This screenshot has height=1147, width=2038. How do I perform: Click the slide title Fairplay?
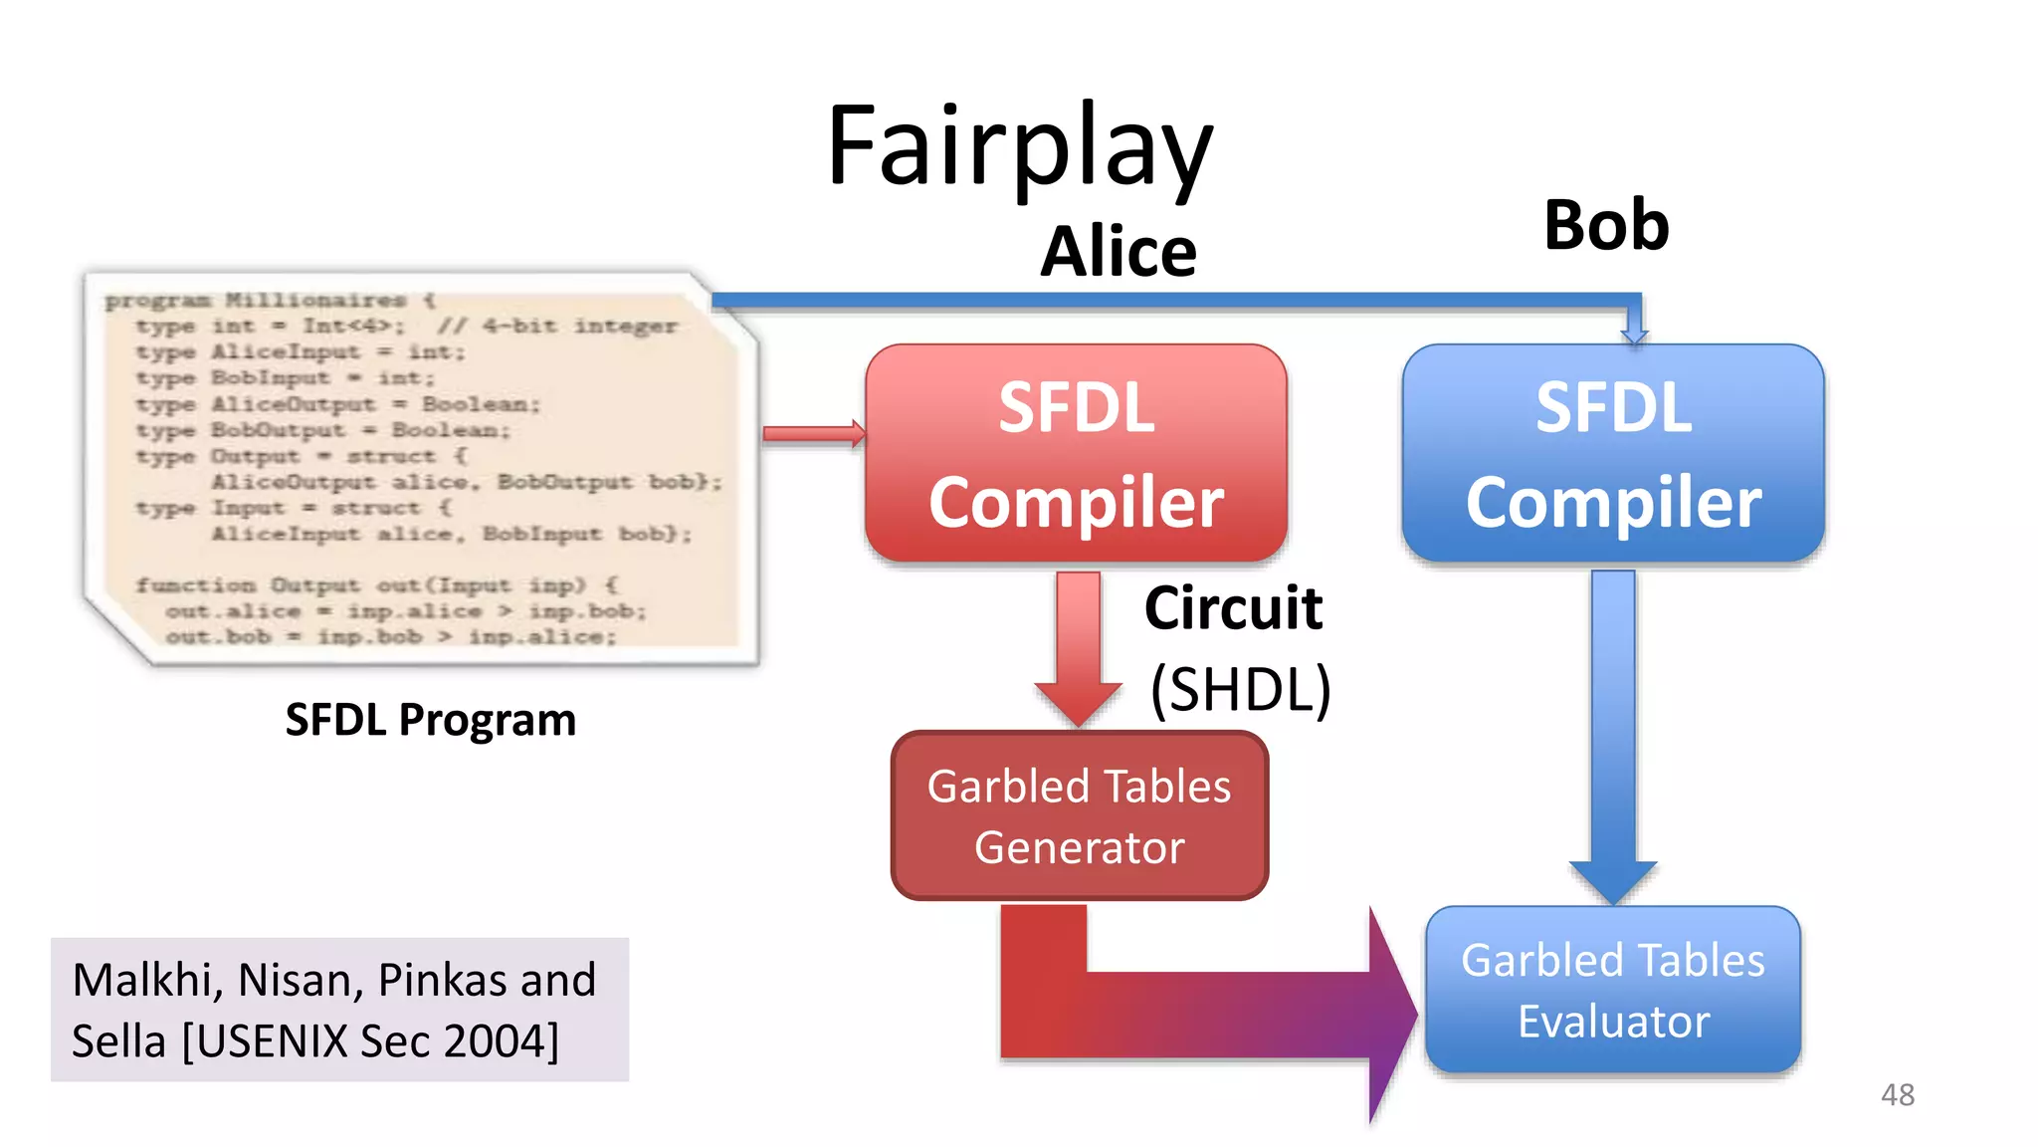tap(1019, 147)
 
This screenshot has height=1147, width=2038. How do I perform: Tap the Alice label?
tap(1118, 252)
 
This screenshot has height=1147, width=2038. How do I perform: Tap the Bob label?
tap(1605, 225)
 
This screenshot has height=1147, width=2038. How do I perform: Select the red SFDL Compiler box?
tap(1076, 454)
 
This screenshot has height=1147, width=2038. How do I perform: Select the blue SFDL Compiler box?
tap(1612, 454)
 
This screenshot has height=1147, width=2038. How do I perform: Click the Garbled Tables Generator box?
tap(1080, 816)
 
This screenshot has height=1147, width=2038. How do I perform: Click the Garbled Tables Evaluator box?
tap(1612, 991)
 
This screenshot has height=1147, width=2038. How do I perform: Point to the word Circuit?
tap(1233, 608)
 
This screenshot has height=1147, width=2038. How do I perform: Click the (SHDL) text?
tap(1240, 689)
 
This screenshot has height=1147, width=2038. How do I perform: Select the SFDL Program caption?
tap(430, 720)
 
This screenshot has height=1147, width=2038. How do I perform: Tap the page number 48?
tap(1897, 1095)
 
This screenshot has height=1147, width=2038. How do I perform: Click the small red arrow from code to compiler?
tap(812, 433)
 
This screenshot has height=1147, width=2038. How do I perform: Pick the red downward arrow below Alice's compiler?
tap(1078, 647)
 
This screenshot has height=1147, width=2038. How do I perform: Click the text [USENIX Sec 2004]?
tap(370, 1041)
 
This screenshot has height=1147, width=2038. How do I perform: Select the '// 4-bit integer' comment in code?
tap(557, 327)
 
